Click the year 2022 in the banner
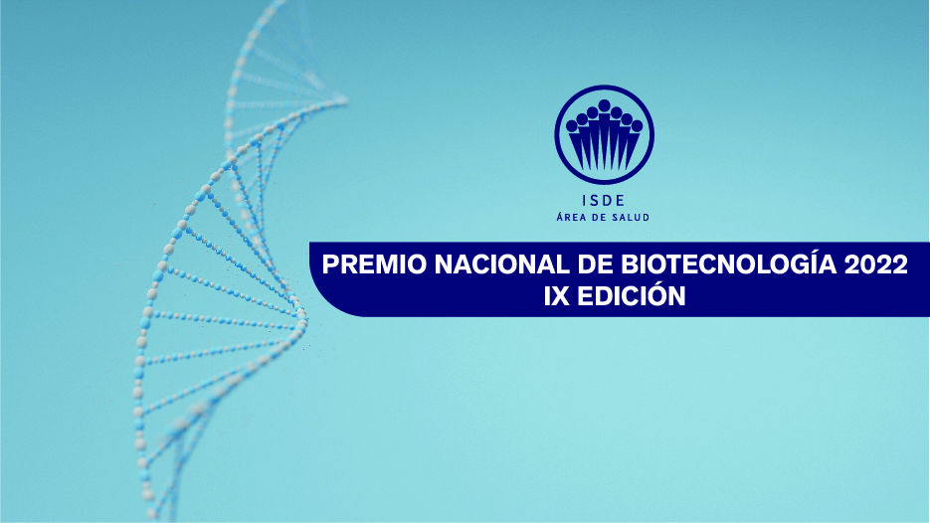(874, 265)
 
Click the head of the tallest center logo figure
(604, 106)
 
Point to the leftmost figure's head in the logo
(571, 126)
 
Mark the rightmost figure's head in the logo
(637, 126)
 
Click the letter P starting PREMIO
(332, 265)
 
